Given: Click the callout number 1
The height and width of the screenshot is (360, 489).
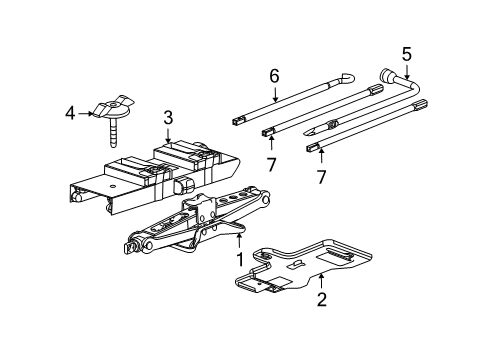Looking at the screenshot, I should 239,260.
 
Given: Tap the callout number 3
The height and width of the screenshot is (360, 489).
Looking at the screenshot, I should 169,119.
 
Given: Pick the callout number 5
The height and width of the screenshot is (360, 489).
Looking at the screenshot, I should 406,54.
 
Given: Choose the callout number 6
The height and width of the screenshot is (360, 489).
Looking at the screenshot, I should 273,74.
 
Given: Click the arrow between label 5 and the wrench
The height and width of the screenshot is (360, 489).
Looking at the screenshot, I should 406,72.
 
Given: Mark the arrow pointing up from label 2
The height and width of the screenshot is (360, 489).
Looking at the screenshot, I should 321,278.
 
